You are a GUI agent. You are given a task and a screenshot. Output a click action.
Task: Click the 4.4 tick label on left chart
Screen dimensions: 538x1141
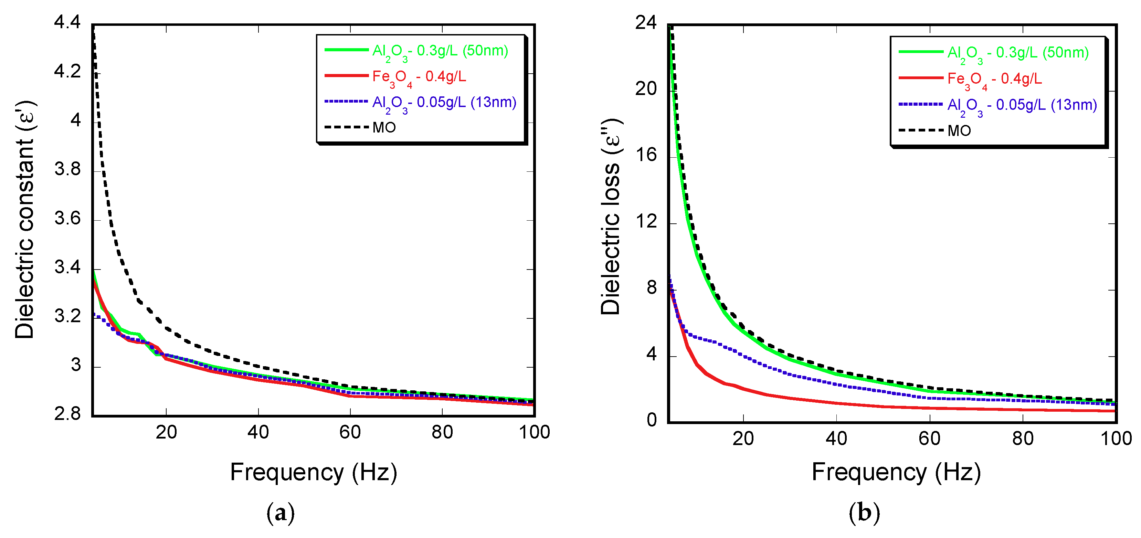point(67,22)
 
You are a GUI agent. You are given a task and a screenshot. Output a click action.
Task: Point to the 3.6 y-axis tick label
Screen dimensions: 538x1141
point(67,218)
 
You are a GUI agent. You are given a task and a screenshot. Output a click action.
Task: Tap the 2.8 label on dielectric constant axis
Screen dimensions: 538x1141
point(67,414)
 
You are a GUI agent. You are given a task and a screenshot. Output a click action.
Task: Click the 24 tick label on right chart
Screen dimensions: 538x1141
point(646,23)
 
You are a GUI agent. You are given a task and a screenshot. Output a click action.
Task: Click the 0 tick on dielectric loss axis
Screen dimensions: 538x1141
point(652,420)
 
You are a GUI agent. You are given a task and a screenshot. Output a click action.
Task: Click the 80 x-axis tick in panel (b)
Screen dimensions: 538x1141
point(1023,439)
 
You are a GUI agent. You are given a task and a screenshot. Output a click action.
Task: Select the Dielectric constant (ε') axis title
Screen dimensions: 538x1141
point(25,220)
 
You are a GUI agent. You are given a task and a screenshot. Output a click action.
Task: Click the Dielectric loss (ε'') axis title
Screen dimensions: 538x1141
point(610,217)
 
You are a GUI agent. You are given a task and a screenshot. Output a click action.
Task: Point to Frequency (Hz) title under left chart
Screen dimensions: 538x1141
point(314,472)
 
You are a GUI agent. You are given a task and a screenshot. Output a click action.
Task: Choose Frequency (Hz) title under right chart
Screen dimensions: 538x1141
point(896,472)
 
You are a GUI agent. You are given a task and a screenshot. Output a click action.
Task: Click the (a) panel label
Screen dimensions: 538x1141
point(281,513)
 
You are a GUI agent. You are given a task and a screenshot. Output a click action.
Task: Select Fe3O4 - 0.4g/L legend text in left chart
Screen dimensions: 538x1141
point(419,77)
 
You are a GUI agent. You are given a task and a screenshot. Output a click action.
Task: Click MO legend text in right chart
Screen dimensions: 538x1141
point(959,130)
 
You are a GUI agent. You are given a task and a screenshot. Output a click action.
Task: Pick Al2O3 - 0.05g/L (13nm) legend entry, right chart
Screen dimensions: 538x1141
point(1022,105)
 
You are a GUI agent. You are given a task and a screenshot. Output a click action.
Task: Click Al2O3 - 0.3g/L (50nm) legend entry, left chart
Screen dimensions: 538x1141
point(440,51)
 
